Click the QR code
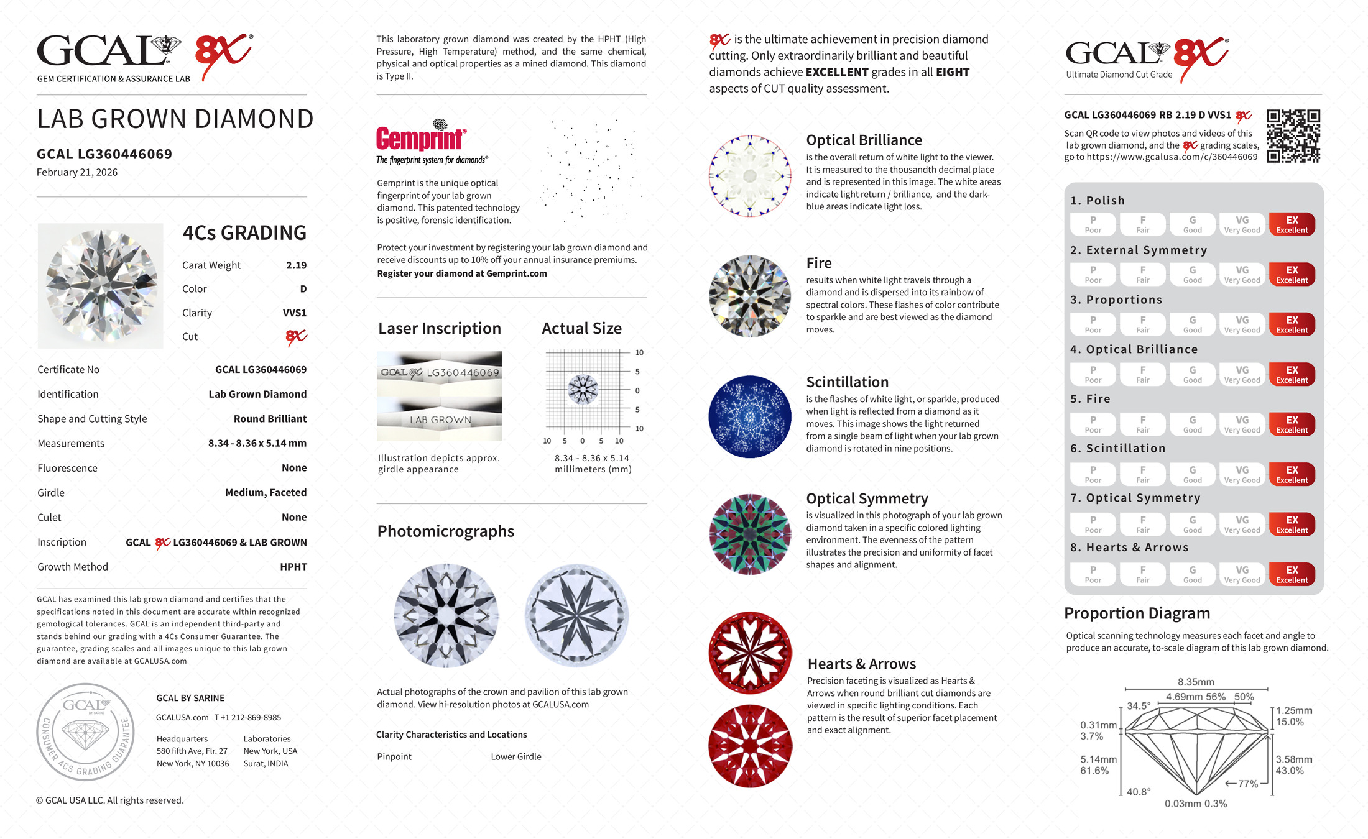(1293, 136)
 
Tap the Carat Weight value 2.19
(296, 265)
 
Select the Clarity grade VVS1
(294, 313)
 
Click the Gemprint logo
(421, 137)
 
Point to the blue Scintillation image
(750, 416)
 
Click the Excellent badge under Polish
(1292, 224)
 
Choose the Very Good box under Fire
(1242, 424)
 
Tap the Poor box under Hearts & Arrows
(1093, 574)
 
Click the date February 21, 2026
(77, 173)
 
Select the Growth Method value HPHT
(293, 567)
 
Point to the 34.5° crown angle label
(1139, 706)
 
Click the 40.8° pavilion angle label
(1139, 792)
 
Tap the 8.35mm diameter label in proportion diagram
(1196, 682)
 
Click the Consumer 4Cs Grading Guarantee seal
(86, 732)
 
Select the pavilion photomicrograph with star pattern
(577, 615)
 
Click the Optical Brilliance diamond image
(750, 176)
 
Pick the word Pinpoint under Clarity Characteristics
(394, 757)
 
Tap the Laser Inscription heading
(440, 329)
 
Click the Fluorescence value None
(294, 468)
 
